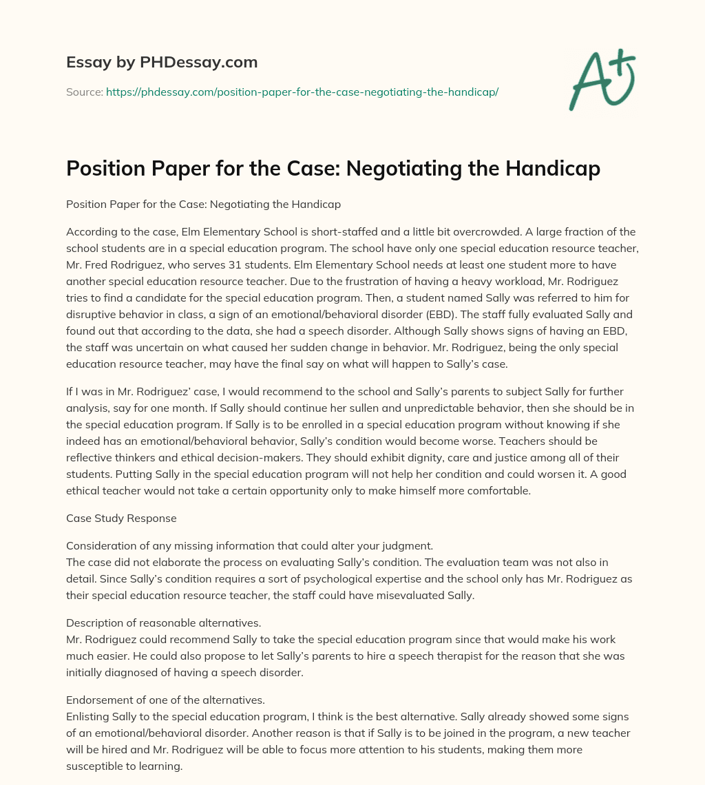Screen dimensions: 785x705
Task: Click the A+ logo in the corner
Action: [602, 81]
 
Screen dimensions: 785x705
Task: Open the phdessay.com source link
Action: [302, 92]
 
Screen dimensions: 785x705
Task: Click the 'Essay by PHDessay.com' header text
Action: [162, 63]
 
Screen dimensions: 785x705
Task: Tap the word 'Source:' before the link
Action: [84, 92]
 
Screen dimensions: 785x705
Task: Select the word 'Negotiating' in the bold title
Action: [390, 168]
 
